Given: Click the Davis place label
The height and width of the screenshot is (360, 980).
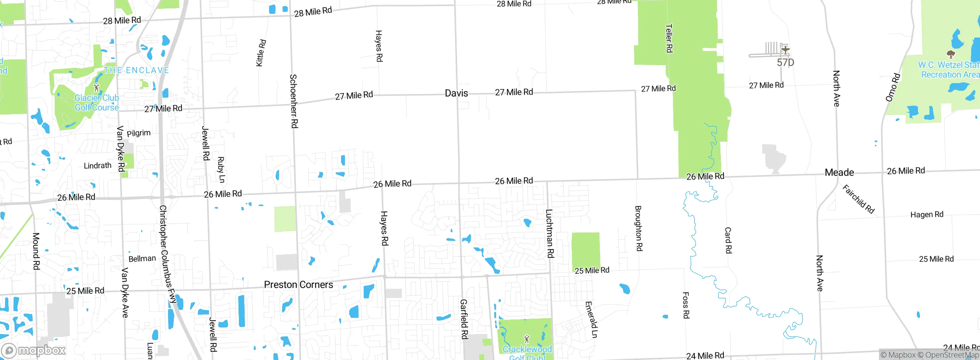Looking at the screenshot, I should coord(456,93).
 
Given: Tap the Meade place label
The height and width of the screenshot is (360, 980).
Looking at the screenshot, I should coord(839,172).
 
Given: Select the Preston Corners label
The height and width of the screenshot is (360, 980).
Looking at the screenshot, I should coord(298,285).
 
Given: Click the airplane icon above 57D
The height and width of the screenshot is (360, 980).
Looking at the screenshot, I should coord(785,50).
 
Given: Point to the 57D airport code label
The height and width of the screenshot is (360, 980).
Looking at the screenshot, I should coord(785,62).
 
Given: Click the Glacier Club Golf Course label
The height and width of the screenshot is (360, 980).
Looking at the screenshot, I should coord(96,103).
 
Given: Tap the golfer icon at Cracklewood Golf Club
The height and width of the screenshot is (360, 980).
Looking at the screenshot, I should coord(527,339).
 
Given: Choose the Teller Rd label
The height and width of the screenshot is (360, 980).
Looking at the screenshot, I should coord(669,38).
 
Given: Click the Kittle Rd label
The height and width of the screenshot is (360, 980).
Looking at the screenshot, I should coord(261,53).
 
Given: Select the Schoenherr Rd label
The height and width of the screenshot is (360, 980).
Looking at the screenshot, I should coord(294,101).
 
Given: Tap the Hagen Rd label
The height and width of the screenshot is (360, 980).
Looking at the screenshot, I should coord(926,214).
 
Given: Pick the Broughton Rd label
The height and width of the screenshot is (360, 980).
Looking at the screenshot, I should coord(639,229).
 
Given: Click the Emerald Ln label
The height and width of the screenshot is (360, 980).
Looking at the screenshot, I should coord(591,320).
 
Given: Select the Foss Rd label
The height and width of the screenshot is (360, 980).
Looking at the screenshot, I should coord(686,305).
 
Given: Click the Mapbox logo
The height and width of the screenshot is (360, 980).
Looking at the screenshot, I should coord(34,350).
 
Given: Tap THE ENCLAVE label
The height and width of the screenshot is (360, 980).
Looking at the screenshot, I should coord(136,70).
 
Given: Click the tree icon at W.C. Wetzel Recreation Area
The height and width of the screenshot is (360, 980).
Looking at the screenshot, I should coord(951,54).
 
